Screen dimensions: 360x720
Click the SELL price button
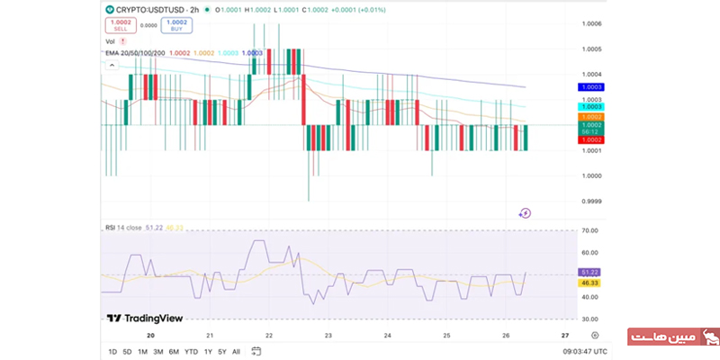pyautogui.click(x=120, y=24)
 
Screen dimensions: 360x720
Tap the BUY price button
pyautogui.click(x=176, y=24)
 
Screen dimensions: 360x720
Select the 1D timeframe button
pyautogui.click(x=112, y=351)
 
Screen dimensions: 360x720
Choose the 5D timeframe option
pyautogui.click(x=127, y=351)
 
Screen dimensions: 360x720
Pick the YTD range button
pyautogui.click(x=191, y=351)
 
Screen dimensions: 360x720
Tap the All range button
pyautogui.click(x=236, y=351)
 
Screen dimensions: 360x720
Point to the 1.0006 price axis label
pyautogui.click(x=591, y=23)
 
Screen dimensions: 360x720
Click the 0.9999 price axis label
pyautogui.click(x=591, y=201)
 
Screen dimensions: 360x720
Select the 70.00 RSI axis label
pyautogui.click(x=591, y=230)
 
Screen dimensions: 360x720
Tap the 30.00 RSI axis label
pyautogui.click(x=591, y=319)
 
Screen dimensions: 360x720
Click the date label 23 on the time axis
pyautogui.click(x=328, y=336)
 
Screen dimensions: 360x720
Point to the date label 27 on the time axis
pyautogui.click(x=564, y=336)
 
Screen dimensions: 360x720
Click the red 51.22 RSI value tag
pyautogui.click(x=590, y=272)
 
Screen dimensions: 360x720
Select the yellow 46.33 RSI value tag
pyautogui.click(x=590, y=283)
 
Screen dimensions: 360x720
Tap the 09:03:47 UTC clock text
pyautogui.click(x=584, y=351)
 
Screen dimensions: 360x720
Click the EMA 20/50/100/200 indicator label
pyautogui.click(x=135, y=53)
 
